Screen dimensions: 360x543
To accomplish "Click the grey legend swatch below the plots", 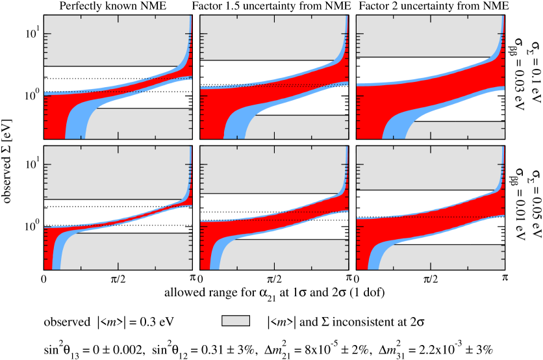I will tap(235, 320).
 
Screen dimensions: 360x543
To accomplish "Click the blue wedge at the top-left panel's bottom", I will tap(75, 127).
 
